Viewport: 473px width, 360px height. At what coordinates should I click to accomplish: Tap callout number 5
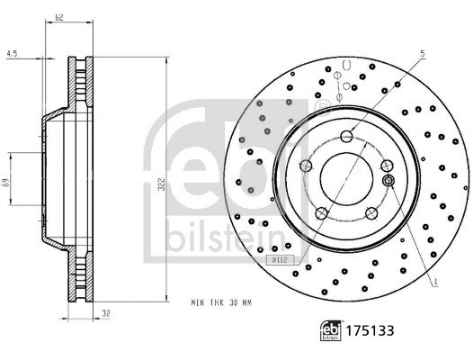point(420,53)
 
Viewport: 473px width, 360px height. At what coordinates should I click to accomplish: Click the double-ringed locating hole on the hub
point(389,182)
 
